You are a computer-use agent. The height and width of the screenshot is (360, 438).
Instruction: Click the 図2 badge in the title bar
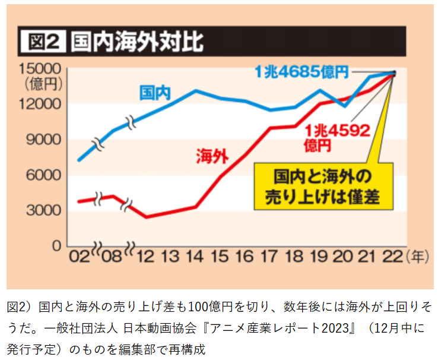[x=42, y=42]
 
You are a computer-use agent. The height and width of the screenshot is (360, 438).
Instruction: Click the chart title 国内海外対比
[x=137, y=42]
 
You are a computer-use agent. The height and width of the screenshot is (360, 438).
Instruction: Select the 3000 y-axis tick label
[x=43, y=210]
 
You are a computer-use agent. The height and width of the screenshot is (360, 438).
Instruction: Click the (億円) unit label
[x=40, y=83]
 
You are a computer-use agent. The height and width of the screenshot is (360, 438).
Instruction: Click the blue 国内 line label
[x=155, y=93]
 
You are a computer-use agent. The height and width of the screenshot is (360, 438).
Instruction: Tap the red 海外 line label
[x=212, y=156]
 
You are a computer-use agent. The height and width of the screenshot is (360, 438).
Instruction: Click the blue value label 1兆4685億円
[x=301, y=72]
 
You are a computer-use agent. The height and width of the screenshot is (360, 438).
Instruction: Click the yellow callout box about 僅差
[x=323, y=186]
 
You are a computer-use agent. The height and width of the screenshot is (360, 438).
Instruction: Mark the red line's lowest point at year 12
[x=146, y=217]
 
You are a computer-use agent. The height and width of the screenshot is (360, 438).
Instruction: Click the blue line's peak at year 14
[x=196, y=90]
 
